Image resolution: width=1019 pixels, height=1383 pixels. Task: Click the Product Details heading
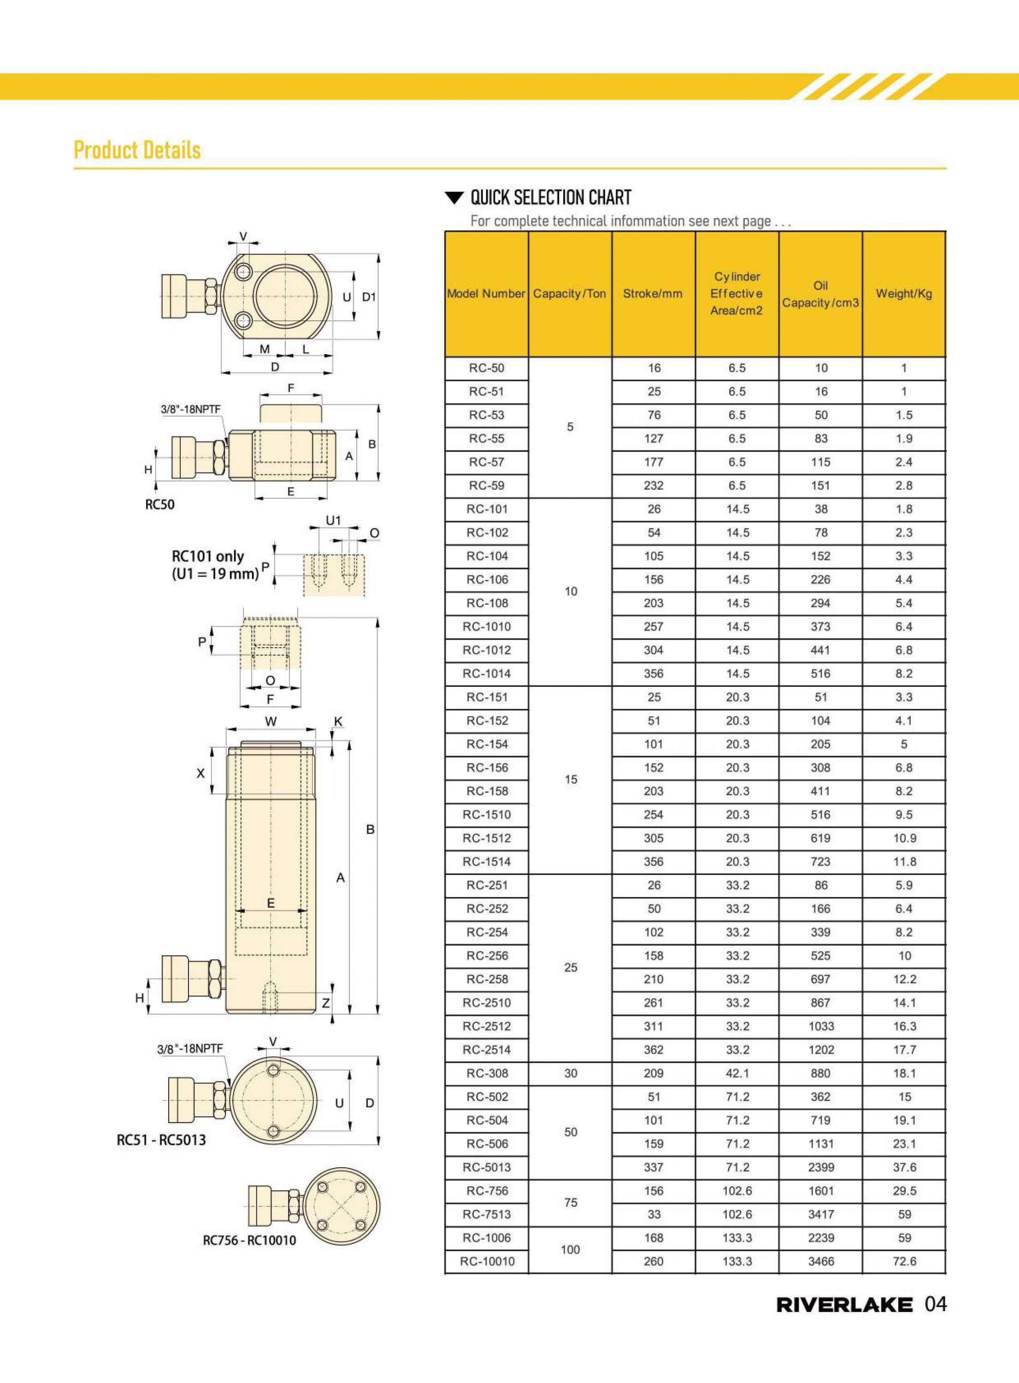[137, 150]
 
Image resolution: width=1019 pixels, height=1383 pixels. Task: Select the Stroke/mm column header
[653, 294]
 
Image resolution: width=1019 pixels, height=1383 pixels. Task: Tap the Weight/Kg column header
[904, 294]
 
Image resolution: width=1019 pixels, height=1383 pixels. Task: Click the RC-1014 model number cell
[487, 674]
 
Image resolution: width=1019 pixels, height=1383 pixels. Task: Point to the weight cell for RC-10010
[904, 1261]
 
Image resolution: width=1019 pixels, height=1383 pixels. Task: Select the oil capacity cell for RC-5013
[820, 1167]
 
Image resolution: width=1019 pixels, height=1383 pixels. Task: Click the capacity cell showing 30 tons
[571, 1073]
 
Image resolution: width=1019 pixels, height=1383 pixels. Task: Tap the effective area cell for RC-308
[737, 1073]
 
